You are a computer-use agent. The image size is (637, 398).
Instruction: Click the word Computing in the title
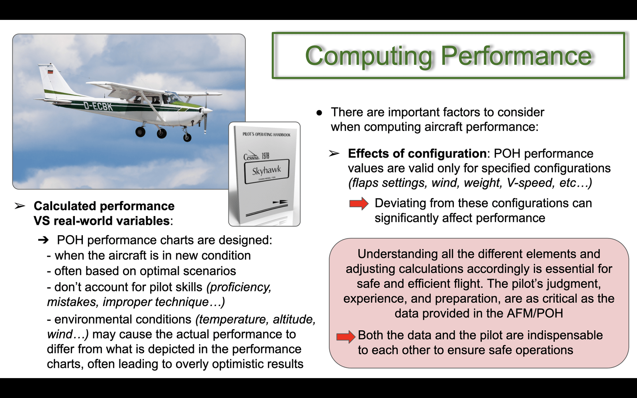(369, 56)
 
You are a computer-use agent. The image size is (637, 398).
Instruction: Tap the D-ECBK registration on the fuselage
(98, 106)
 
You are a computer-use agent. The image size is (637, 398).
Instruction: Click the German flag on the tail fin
(51, 71)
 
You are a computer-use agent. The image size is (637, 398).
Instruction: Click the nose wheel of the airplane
(187, 138)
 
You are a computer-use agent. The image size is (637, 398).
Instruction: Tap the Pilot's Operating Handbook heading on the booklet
(266, 134)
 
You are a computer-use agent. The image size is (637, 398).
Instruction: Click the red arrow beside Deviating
(359, 203)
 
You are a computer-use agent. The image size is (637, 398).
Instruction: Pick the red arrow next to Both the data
(346, 337)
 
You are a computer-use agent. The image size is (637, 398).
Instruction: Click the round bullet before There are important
(319, 113)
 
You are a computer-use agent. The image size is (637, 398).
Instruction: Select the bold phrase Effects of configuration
(417, 154)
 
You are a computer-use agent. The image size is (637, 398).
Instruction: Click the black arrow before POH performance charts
(43, 240)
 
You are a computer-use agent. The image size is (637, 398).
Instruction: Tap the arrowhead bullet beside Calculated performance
(20, 206)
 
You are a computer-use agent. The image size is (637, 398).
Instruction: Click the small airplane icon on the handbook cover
(280, 202)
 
